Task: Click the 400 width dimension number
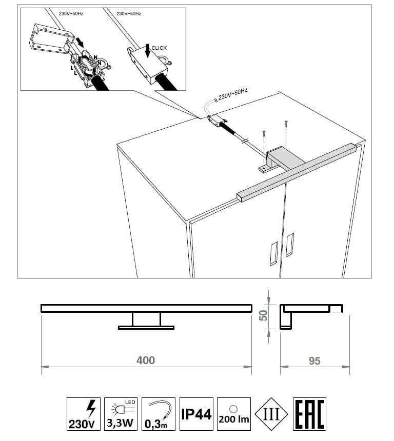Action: [x=146, y=360]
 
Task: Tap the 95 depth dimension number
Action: [x=314, y=361]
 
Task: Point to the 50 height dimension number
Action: [x=263, y=315]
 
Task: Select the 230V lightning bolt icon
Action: [x=84, y=414]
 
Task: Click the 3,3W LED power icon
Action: [x=121, y=414]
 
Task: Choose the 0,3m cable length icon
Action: [x=159, y=414]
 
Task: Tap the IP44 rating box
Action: [x=196, y=414]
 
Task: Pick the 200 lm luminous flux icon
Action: [x=234, y=414]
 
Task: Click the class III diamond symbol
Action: [x=271, y=414]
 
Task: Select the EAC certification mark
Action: [x=309, y=414]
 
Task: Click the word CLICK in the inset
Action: [x=159, y=48]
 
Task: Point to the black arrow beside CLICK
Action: [x=147, y=51]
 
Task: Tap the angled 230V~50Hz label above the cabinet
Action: [x=233, y=94]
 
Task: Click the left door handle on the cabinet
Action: [x=274, y=253]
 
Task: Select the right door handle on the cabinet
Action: [x=290, y=245]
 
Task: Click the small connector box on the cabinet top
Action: [x=216, y=121]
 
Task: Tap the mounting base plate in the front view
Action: [x=146, y=328]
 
